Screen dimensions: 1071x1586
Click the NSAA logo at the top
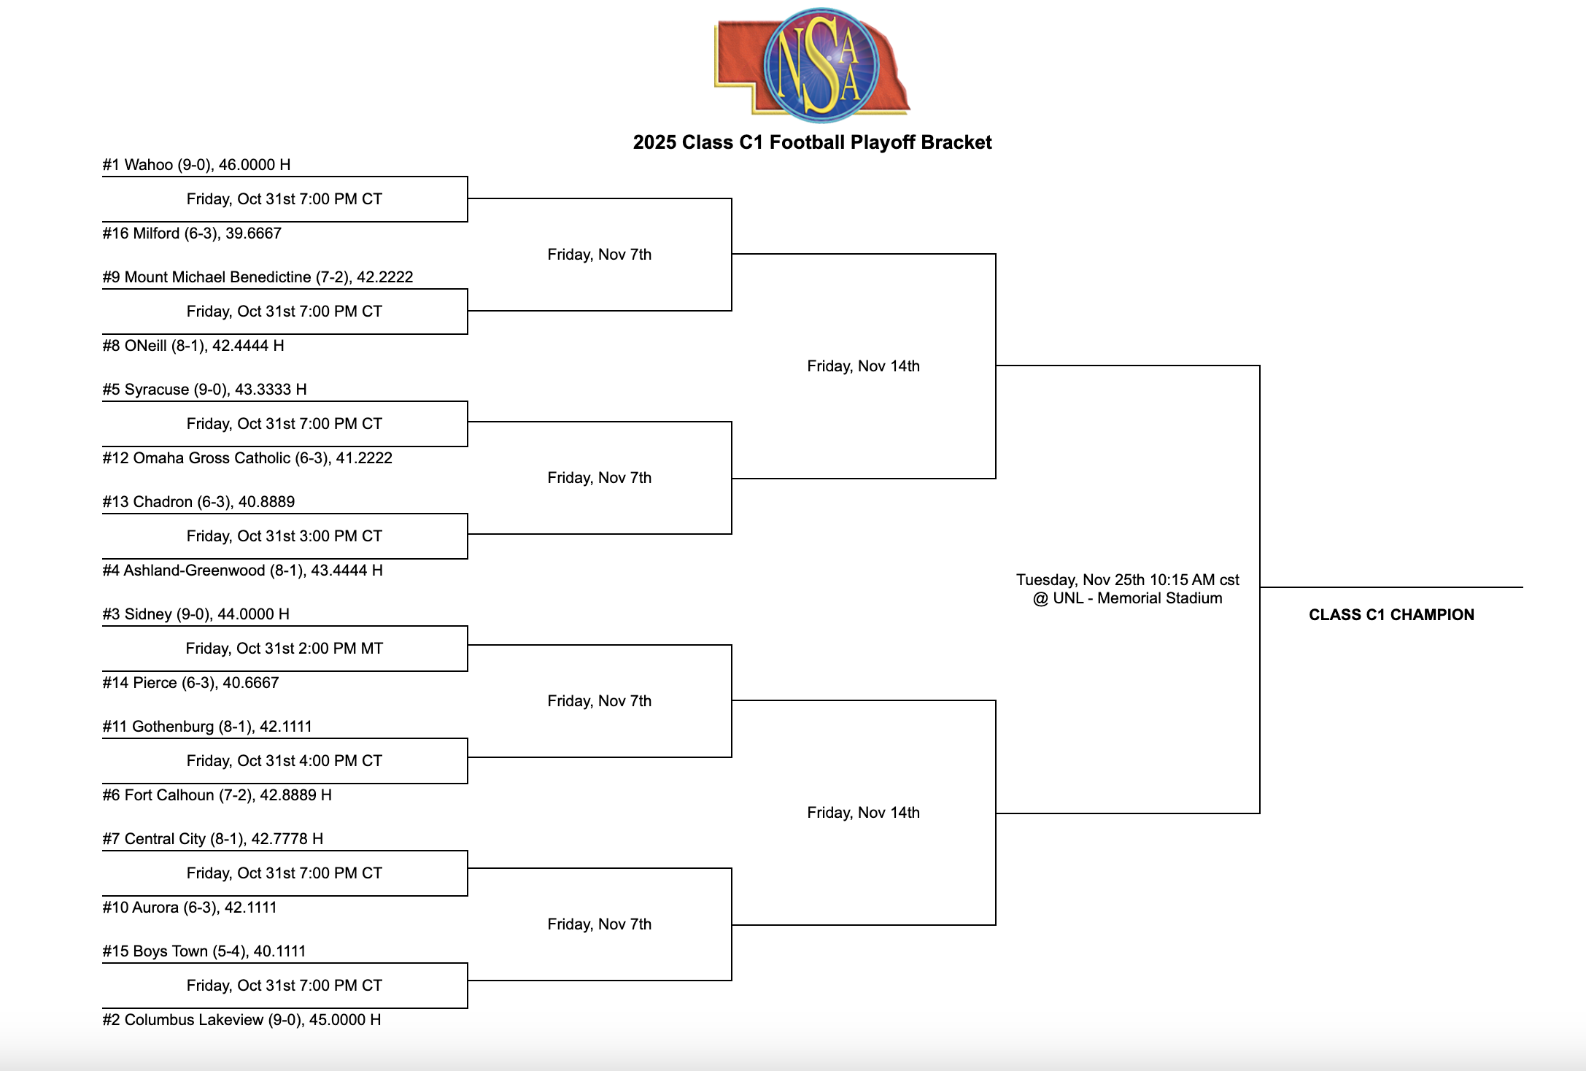click(813, 64)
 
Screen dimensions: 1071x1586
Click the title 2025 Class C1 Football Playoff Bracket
click(812, 142)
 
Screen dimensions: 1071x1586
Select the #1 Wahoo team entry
click(196, 165)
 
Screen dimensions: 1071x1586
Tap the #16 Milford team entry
click(192, 233)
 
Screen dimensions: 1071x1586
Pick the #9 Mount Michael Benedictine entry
click(258, 277)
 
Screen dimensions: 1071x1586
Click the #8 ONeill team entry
click(193, 346)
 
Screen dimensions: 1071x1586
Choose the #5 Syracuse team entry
click(204, 390)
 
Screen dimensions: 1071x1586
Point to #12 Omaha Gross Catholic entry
click(247, 458)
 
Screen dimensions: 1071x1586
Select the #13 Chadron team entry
click(198, 502)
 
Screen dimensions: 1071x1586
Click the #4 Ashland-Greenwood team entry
click(242, 571)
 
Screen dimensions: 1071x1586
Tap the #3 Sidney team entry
click(196, 614)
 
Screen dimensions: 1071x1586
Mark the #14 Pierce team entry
click(190, 683)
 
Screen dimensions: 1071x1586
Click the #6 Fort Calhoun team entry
click(217, 795)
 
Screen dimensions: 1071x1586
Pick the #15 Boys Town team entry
click(204, 951)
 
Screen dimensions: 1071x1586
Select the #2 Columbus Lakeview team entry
click(241, 1020)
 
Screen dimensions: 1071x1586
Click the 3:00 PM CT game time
click(285, 536)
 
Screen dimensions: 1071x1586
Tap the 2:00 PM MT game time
click(285, 649)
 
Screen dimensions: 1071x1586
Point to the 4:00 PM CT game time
click(285, 761)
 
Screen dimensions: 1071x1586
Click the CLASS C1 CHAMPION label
click(1391, 615)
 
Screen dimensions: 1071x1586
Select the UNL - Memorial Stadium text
click(1128, 598)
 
